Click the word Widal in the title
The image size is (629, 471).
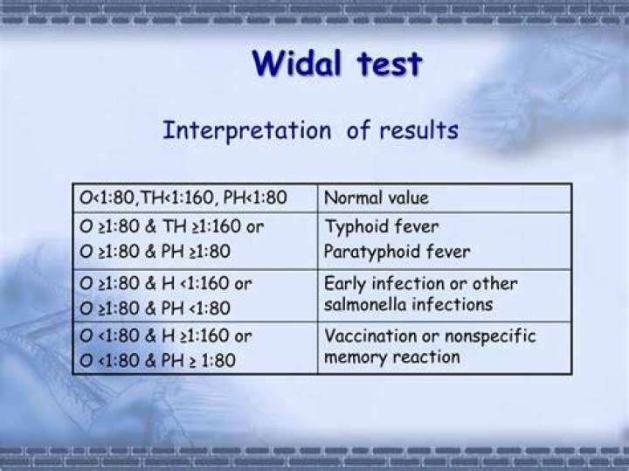(x=296, y=63)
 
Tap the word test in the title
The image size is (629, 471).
(x=389, y=64)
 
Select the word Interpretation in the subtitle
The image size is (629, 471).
(x=247, y=130)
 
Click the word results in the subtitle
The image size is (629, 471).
(x=418, y=130)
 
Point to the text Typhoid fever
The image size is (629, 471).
(x=382, y=227)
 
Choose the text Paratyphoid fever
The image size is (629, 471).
(x=397, y=253)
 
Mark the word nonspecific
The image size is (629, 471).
(x=490, y=336)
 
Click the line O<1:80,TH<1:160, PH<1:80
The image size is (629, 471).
(x=183, y=197)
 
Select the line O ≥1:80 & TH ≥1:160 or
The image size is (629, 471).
(x=172, y=226)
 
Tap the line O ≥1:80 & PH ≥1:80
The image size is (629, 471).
(x=155, y=252)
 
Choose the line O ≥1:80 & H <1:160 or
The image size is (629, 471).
(x=166, y=284)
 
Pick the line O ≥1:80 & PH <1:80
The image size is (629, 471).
(x=155, y=308)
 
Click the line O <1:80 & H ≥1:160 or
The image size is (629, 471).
(x=166, y=336)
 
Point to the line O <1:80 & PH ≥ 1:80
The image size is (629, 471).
(x=157, y=360)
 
